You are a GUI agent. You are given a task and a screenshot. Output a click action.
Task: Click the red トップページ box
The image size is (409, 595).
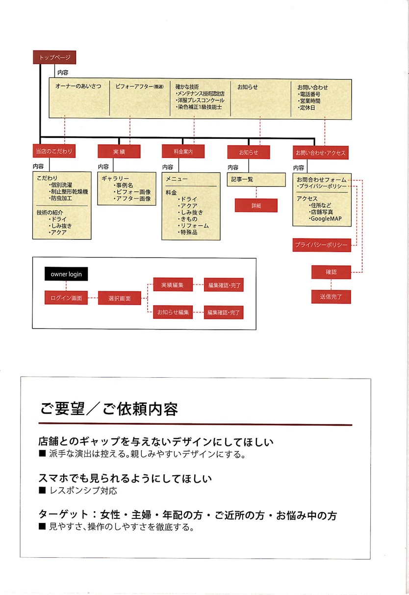click(x=54, y=57)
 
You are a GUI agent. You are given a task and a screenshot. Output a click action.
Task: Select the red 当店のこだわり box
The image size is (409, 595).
click(x=54, y=151)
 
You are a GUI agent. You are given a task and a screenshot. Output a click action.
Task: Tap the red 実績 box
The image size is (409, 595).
click(x=119, y=152)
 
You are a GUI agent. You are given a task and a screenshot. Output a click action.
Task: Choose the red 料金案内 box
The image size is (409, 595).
click(x=183, y=152)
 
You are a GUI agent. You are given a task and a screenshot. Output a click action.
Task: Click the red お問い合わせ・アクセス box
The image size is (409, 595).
click(x=320, y=153)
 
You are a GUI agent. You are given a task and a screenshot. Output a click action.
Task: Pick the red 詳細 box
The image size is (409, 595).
click(x=256, y=206)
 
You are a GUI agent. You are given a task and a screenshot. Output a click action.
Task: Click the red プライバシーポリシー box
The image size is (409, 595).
click(x=321, y=244)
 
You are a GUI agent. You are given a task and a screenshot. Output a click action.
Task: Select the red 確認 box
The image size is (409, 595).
click(x=331, y=272)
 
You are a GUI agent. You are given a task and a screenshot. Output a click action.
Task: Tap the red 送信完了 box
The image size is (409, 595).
click(x=331, y=296)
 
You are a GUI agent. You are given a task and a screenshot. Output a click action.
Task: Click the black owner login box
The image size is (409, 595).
click(x=66, y=274)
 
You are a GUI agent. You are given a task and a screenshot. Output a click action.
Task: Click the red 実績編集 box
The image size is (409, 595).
click(x=173, y=285)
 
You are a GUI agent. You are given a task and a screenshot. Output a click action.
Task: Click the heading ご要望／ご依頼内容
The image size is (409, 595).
click(x=109, y=409)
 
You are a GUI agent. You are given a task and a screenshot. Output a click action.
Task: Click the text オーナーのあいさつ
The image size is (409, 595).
click(x=78, y=86)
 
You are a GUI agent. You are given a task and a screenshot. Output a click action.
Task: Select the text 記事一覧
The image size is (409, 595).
click(x=243, y=180)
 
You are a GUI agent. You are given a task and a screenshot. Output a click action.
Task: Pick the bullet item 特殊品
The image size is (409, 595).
click(x=188, y=232)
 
